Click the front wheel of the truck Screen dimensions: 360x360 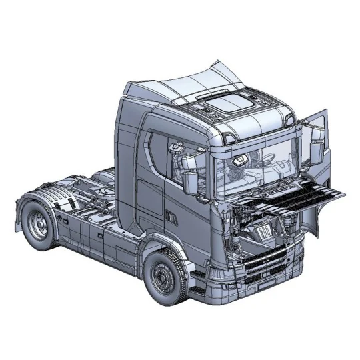pos(164,277)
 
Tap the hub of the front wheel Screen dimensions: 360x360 pos(162,278)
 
